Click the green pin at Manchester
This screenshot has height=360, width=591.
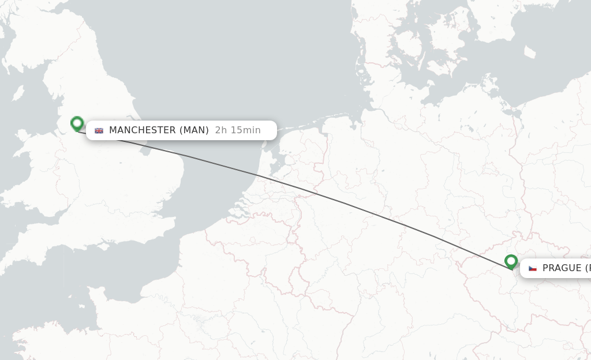[77, 123]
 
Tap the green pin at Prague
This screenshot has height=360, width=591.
[511, 261]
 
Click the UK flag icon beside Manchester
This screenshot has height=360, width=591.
[99, 130]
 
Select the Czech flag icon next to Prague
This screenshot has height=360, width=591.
[533, 268]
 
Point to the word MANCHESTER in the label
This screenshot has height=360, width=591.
[143, 130]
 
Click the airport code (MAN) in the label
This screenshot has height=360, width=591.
[194, 130]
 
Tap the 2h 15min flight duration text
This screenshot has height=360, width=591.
[238, 130]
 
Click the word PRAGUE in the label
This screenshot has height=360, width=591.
[562, 268]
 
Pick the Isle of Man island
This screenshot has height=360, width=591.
[18, 92]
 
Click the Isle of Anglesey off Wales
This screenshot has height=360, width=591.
[23, 136]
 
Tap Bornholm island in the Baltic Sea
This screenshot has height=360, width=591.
[530, 51]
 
